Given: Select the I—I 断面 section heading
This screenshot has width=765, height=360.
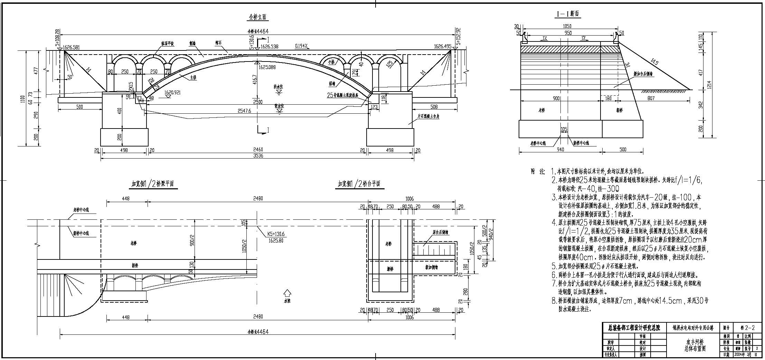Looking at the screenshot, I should pyautogui.click(x=567, y=14).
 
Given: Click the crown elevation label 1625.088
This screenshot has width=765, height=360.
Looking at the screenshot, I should pyautogui.click(x=268, y=67).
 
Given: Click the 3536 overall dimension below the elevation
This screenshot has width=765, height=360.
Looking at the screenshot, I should pyautogui.click(x=258, y=156).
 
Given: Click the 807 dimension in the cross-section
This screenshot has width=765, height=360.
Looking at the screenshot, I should pyautogui.click(x=651, y=98).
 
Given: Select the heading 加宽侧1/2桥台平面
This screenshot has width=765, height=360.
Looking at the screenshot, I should pyautogui.click(x=359, y=184).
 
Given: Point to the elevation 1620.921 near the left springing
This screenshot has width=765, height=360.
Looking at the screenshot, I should pyautogui.click(x=172, y=93).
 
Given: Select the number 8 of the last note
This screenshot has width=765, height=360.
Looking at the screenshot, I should pyautogui.click(x=554, y=301).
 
